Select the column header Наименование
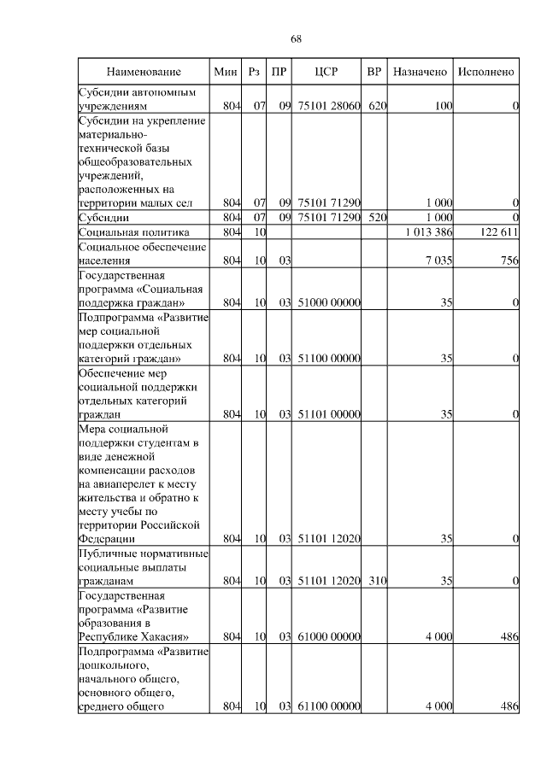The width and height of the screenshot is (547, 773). pyautogui.click(x=144, y=72)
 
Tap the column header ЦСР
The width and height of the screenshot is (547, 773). pyautogui.click(x=326, y=72)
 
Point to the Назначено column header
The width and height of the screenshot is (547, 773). pyautogui.click(x=421, y=72)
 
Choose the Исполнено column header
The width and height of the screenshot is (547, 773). pyautogui.click(x=485, y=72)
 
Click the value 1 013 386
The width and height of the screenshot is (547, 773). pyautogui.click(x=427, y=232)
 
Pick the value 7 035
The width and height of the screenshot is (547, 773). pyautogui.click(x=438, y=261)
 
